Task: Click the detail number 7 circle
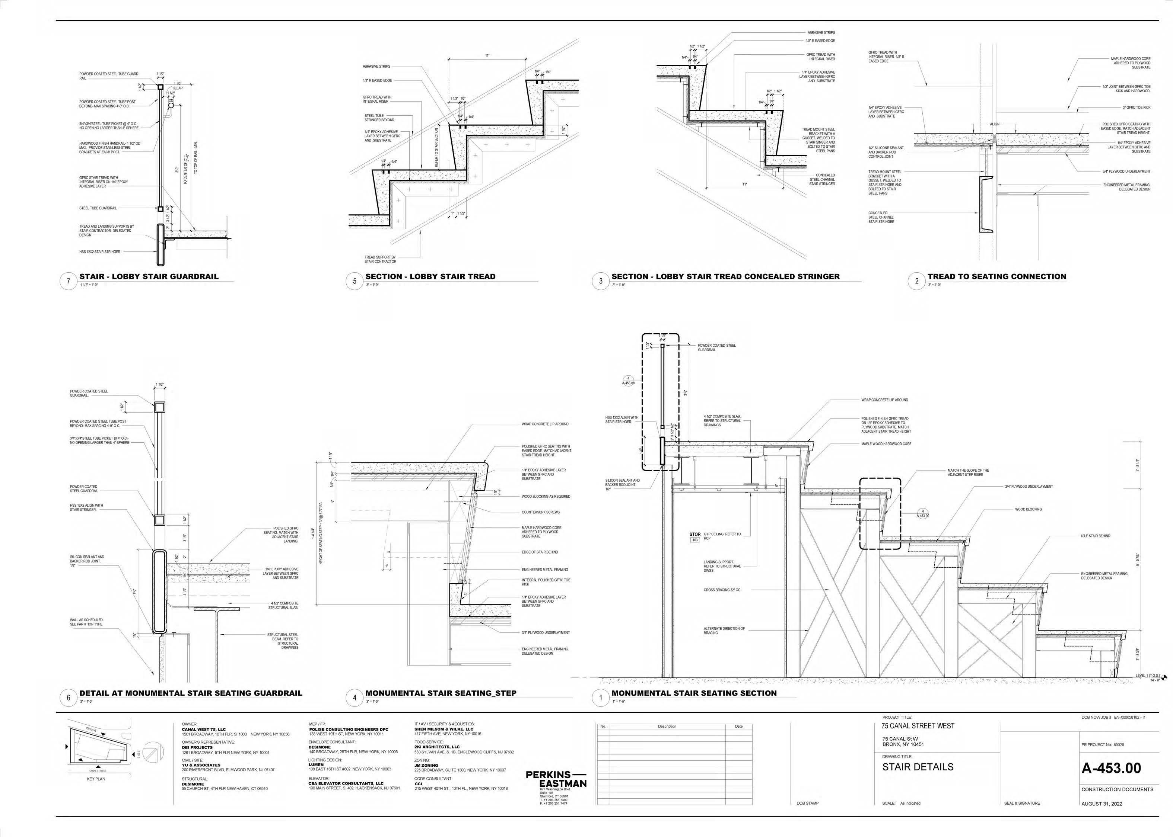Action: pos(69,281)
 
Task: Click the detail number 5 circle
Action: pos(355,281)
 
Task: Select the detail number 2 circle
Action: pos(917,281)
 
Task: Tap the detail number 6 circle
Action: pos(69,698)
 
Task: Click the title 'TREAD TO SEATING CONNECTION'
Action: pos(996,277)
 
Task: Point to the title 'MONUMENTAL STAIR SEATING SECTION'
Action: pos(694,693)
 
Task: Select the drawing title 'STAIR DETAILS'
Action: pos(918,767)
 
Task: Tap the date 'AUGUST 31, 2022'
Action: pos(1101,804)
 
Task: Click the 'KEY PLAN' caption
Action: pos(96,779)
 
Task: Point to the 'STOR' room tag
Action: pos(695,535)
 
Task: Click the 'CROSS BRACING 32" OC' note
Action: pos(722,590)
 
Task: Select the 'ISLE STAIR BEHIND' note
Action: pos(1096,536)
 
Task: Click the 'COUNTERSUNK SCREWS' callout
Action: pos(540,512)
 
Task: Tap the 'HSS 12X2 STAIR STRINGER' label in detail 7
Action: pos(100,252)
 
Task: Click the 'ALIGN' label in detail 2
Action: pos(995,124)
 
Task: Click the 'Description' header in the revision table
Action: pos(667,726)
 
